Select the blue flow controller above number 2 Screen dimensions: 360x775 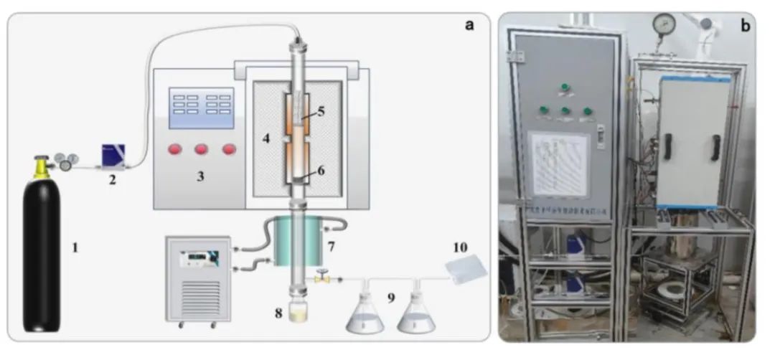pyautogui.click(x=115, y=153)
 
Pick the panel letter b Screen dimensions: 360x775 pyautogui.click(x=745, y=27)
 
